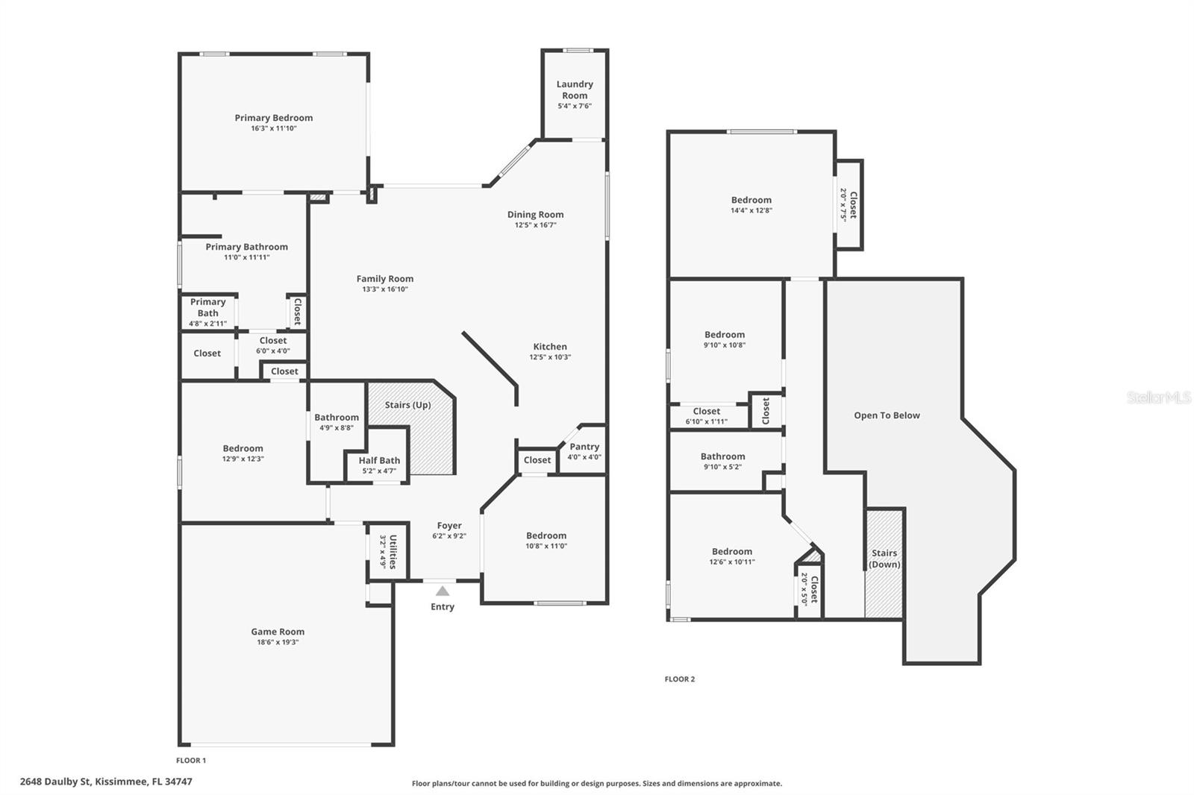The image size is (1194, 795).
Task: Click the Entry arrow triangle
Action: click(x=443, y=591)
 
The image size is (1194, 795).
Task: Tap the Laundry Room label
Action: click(x=575, y=89)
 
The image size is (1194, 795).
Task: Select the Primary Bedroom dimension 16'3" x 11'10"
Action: click(x=274, y=128)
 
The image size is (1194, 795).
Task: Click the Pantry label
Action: click(x=584, y=447)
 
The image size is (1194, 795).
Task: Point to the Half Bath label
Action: click(x=379, y=460)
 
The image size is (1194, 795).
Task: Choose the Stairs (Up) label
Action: click(x=407, y=405)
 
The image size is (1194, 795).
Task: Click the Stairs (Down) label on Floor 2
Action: click(x=884, y=559)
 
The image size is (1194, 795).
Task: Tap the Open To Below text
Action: click(x=887, y=415)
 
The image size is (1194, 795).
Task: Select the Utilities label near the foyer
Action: click(x=393, y=551)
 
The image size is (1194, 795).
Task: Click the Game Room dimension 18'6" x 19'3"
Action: click(x=278, y=642)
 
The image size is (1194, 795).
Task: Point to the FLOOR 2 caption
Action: click(x=680, y=679)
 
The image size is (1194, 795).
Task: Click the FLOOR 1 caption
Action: click(x=191, y=761)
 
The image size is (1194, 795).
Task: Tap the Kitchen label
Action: click(x=550, y=346)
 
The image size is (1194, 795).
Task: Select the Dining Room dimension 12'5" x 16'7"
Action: click(x=536, y=225)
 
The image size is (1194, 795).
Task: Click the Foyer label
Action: click(x=449, y=525)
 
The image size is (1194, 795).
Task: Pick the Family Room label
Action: click(x=385, y=279)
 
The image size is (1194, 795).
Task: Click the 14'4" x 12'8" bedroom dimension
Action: click(x=751, y=210)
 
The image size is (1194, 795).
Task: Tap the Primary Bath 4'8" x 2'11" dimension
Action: click(x=208, y=324)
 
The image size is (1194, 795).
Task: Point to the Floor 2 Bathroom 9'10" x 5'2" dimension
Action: click(x=723, y=467)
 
